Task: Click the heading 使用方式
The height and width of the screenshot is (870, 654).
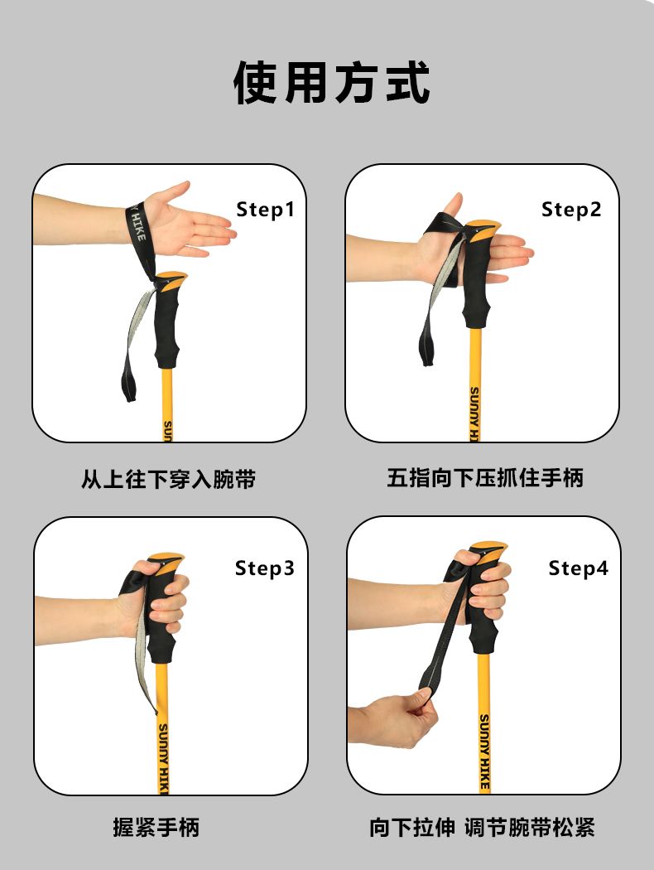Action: tap(331, 83)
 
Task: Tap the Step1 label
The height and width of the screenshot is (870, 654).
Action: tap(265, 209)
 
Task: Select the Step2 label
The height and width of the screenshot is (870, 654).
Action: tap(571, 209)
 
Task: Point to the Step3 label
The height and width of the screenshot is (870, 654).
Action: tap(264, 568)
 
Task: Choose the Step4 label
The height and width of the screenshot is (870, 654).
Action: tap(578, 568)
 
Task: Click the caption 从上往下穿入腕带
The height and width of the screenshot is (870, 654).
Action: tap(169, 479)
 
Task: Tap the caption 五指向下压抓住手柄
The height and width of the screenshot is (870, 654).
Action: tap(485, 478)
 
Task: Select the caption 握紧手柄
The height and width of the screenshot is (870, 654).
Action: tap(156, 827)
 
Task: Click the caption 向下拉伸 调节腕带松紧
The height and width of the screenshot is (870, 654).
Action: tap(482, 827)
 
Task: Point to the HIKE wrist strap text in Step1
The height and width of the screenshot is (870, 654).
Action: tap(137, 225)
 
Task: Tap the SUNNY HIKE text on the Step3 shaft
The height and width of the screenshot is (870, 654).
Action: tap(163, 758)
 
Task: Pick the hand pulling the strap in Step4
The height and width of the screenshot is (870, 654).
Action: tap(395, 719)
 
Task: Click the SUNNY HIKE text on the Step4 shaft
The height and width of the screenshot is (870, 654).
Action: tap(484, 752)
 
